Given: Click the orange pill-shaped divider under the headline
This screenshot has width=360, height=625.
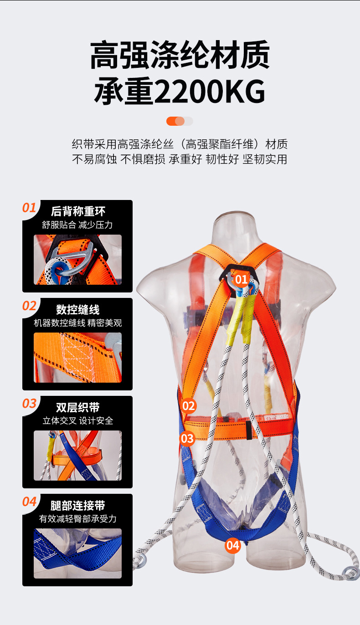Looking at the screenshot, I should click(180, 121).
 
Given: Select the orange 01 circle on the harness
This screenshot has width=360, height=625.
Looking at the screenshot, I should click(241, 279).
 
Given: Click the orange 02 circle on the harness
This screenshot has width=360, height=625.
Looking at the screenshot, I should click(189, 405).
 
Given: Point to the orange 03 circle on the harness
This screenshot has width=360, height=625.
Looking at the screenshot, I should click(187, 438).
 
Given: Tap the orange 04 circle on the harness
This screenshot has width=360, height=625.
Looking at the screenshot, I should click(232, 544).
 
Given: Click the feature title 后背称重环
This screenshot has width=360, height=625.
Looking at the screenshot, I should click(78, 211).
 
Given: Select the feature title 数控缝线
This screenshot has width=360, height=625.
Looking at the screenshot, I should click(78, 310).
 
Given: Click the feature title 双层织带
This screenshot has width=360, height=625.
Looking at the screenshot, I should click(78, 407).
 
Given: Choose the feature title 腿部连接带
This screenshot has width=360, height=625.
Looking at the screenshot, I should click(78, 505).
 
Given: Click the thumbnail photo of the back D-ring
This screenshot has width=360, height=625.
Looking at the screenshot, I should click(78, 260).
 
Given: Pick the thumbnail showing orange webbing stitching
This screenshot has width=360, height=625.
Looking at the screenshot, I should click(78, 358).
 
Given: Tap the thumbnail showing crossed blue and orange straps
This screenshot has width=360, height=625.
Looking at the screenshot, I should click(78, 456).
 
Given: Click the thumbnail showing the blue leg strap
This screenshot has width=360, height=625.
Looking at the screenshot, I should click(78, 553).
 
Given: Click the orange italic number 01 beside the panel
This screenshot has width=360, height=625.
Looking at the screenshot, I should click(29, 208).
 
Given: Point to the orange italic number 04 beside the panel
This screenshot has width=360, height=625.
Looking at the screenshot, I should click(29, 502).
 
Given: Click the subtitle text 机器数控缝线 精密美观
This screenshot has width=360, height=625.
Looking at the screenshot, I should click(78, 323).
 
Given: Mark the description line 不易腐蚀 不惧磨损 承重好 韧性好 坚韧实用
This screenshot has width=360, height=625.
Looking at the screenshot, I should click(180, 159).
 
